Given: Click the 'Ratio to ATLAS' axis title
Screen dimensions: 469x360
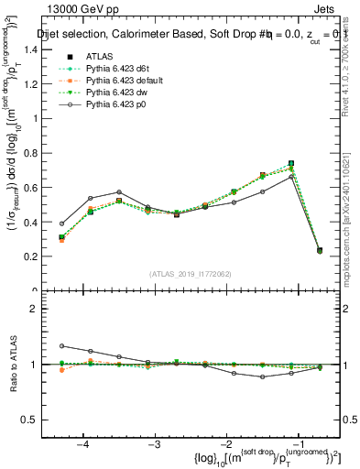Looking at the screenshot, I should click(x=13, y=364).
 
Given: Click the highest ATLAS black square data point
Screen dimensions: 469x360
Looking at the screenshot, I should click(x=291, y=163).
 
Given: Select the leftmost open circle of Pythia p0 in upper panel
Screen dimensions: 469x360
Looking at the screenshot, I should click(x=62, y=224).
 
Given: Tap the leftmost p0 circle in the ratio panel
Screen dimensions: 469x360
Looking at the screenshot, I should click(x=62, y=346).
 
